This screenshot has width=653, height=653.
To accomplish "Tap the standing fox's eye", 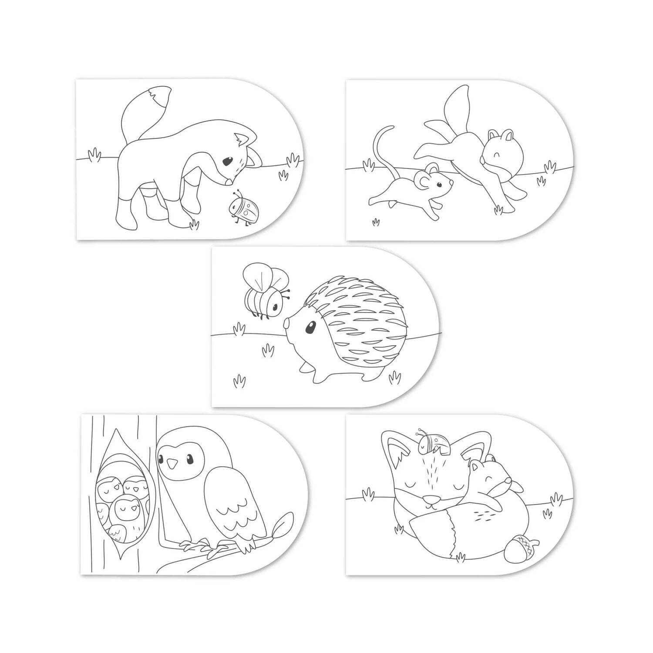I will pyautogui.click(x=227, y=162).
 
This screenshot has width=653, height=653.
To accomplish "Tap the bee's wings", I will pyautogui.click(x=261, y=277).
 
